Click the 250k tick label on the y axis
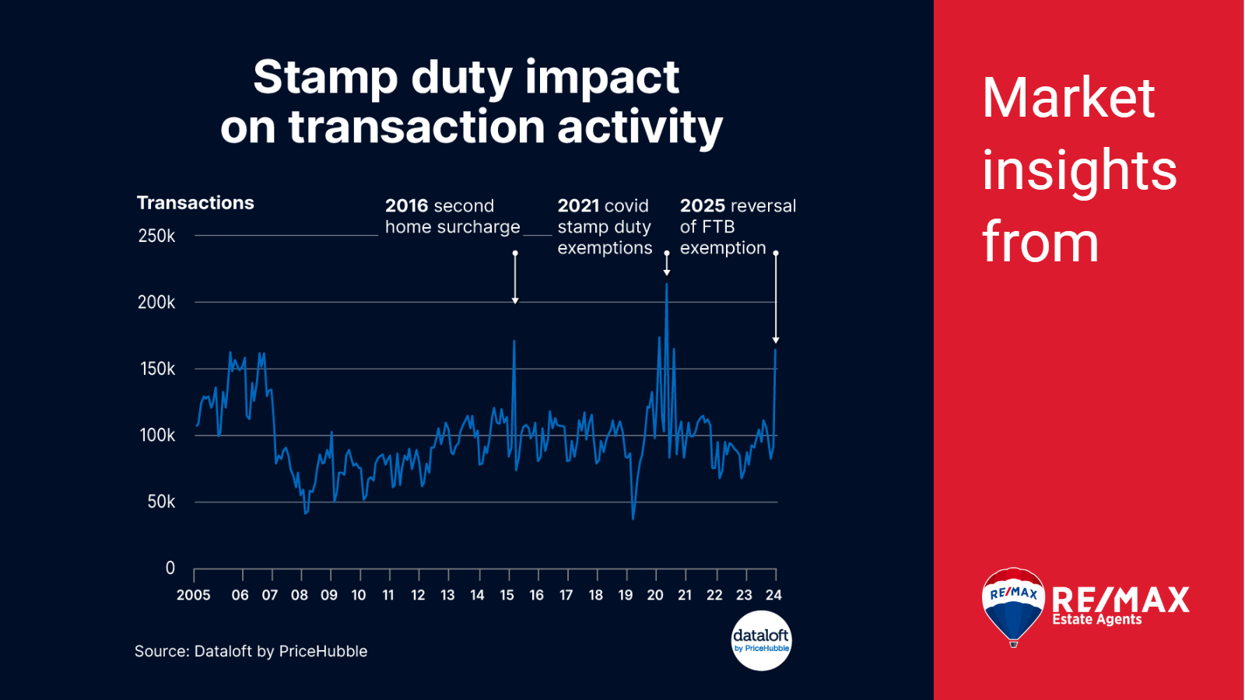coord(156,236)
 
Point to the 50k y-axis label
coord(161,502)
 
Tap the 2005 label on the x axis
coord(193,595)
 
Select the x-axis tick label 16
coord(536,595)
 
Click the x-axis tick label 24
coord(773,595)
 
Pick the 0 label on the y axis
coord(170,568)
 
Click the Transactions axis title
coord(195,203)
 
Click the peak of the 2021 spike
coord(666,285)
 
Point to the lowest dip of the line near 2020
coord(633,517)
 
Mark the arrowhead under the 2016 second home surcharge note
coord(515,300)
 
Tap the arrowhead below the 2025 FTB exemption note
coord(776,340)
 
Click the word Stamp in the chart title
coord(325,78)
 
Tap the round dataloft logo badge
coord(761,640)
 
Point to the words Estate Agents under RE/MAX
coord(1096,620)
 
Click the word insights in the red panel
coord(1078,170)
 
